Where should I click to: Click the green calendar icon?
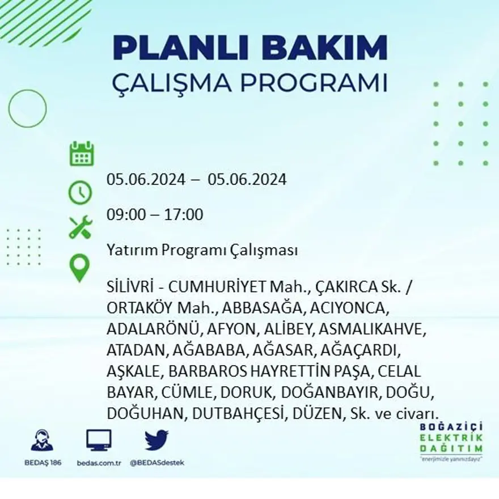pyautogui.click(x=82, y=154)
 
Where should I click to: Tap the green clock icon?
pyautogui.click(x=80, y=192)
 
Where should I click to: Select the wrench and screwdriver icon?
pyautogui.click(x=80, y=227)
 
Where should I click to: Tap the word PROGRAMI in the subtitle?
pyautogui.click(x=314, y=83)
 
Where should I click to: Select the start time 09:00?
pyautogui.click(x=124, y=215)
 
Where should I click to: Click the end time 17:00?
pyautogui.click(x=184, y=215)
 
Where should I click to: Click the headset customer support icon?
pyautogui.click(x=41, y=441)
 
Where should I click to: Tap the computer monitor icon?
pyautogui.click(x=99, y=441)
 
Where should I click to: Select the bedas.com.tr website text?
pyautogui.click(x=99, y=463)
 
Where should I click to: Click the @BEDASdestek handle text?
pyautogui.click(x=157, y=463)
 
